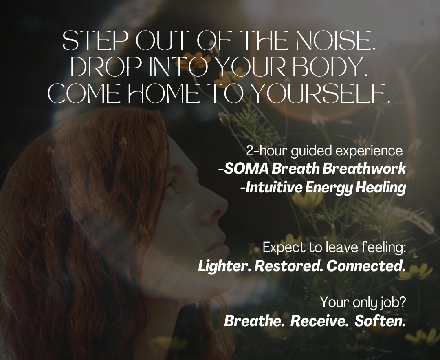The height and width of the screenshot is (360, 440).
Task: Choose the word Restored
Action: coord(288,266)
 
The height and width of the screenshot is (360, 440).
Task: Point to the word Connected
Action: coord(366,266)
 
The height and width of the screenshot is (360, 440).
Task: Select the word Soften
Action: coord(380,321)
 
